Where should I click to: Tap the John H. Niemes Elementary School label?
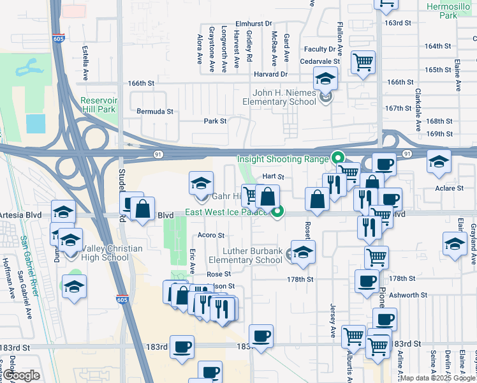pos(284,97)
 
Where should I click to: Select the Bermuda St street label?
pos(155,111)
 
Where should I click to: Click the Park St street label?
pos(215,121)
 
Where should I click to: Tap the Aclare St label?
pos(450,188)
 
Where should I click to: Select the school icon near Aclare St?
pos(439,161)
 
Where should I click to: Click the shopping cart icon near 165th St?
pos(363,63)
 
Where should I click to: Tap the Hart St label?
pos(272,176)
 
